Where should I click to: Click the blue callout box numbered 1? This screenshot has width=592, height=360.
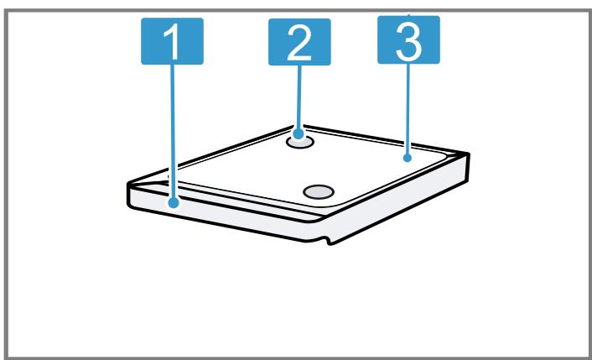coord(172,41)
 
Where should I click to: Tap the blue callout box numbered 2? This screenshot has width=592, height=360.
coord(299,42)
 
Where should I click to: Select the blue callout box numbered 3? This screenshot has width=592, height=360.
coord(408,39)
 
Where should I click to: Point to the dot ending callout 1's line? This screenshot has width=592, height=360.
coord(174,203)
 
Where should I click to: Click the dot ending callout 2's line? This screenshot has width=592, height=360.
coord(299,133)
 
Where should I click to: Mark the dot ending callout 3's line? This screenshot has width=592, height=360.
coord(407,158)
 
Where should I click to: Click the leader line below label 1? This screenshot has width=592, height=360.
coord(173,132)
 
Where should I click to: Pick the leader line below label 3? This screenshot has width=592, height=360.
coord(408,109)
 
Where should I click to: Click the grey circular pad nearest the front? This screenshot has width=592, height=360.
coord(319,192)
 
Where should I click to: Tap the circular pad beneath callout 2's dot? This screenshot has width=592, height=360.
coord(300,143)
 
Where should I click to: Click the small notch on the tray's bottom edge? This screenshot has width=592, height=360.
coord(327,241)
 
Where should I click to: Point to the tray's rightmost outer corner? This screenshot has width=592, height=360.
coord(468,154)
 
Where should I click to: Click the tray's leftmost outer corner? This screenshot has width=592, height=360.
coord(128,184)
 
